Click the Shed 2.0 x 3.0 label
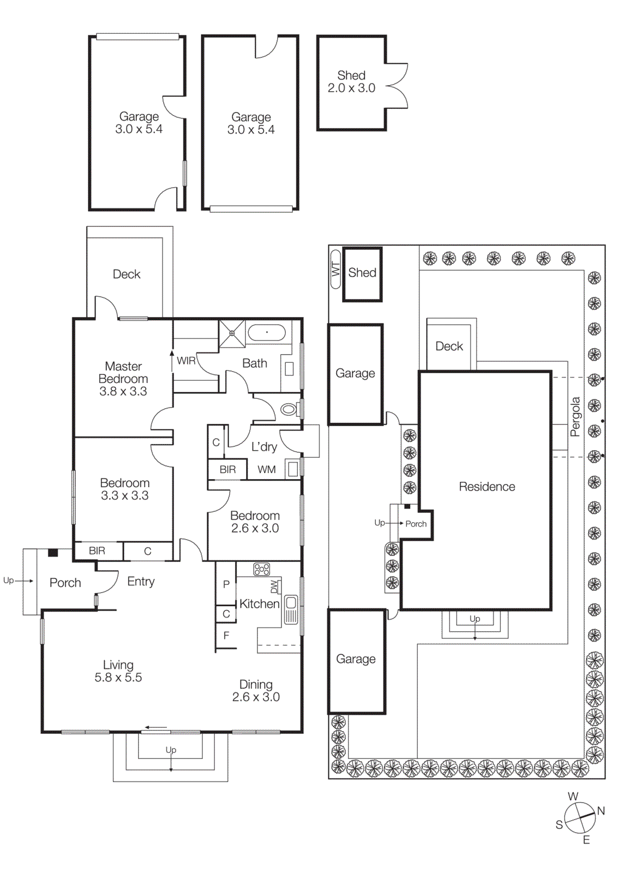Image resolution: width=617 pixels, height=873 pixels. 351,82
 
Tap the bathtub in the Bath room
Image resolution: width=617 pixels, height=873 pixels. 266,332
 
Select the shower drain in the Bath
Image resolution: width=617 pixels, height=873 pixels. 232,333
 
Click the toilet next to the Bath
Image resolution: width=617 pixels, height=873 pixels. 289,409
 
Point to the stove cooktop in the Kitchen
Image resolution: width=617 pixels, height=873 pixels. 261,569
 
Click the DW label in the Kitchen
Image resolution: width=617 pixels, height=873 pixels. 274,587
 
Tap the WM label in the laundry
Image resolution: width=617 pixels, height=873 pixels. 266,469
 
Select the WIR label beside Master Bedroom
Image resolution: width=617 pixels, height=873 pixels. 186,361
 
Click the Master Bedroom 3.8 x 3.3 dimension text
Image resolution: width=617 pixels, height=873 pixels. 123,391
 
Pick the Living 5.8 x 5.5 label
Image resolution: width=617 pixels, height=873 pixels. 118,671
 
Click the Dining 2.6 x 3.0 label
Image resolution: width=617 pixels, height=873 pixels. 256,691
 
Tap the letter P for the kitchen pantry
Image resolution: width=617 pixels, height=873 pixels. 226,584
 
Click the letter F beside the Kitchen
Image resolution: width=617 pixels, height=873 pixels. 226,635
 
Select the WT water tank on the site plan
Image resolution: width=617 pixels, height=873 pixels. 335,269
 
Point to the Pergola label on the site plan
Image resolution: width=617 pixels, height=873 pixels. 575,416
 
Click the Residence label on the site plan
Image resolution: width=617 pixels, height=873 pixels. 487,487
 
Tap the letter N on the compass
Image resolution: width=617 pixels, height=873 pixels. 601,811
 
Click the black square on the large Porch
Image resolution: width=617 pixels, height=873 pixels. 52,552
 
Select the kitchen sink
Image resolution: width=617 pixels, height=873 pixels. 291,603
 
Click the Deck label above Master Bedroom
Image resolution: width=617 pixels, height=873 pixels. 127,274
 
